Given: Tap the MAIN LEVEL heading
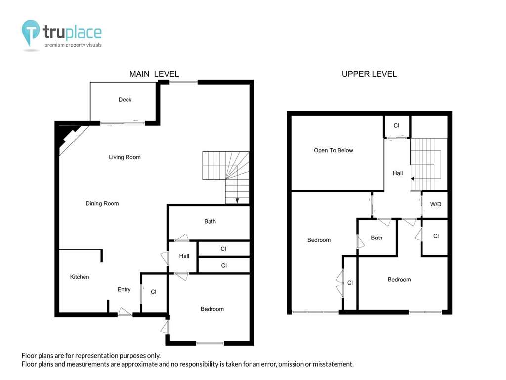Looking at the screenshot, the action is coord(154,74).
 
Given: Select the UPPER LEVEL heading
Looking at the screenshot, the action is coord(369,74).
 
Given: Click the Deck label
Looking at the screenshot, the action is coord(125,100).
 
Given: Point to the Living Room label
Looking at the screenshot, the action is coord(125,157).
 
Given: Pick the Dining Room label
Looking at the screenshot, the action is coord(102,203).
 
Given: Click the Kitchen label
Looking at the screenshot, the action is coord(80,277).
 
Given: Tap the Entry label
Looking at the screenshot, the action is coord(124,289).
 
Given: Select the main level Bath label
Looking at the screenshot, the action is coord(210,221).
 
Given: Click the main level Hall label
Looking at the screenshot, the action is coord(184,256).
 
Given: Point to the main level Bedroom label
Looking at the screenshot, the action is coord(212,309).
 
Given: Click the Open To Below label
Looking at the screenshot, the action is coord(334,150).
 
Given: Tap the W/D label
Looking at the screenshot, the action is coord(436,204).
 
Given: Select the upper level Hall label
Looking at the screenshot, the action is coord(398,173).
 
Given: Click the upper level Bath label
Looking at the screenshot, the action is coord(377,238).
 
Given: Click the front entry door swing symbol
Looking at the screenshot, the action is coord(125,312).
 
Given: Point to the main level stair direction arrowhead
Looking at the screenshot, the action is coord(237,201).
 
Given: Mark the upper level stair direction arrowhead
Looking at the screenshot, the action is coord(412,178).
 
